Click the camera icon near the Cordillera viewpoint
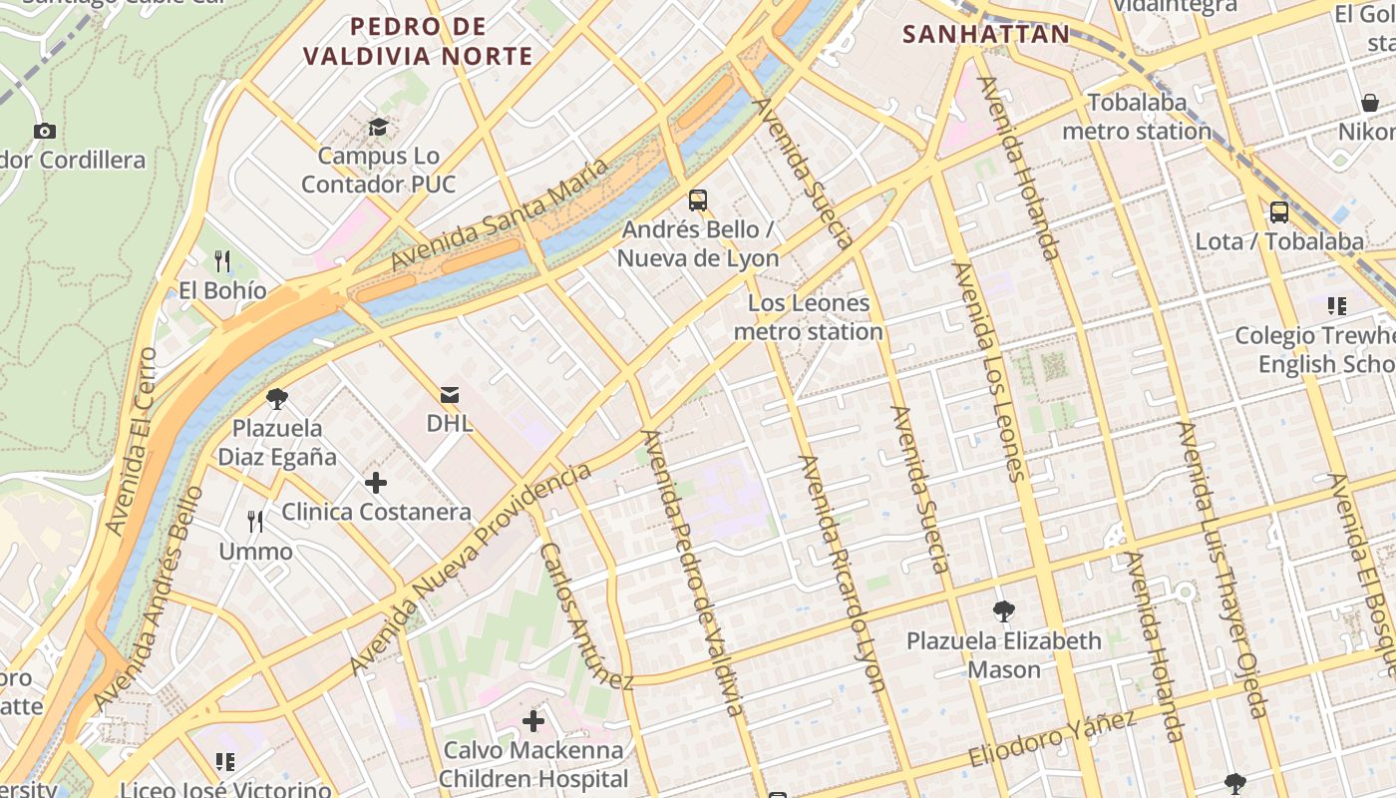tap(44, 131)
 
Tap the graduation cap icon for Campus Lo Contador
tap(378, 127)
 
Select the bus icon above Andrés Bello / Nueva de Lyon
tap(698, 200)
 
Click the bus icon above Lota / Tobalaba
tap(1279, 212)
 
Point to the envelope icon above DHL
tap(450, 395)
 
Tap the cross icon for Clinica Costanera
tap(376, 484)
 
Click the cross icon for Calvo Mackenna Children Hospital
tap(533, 720)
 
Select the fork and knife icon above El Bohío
tap(222, 261)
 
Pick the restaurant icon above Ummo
tap(255, 522)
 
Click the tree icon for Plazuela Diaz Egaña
tap(277, 400)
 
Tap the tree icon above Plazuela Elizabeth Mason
tap(1004, 611)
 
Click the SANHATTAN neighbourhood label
tap(985, 35)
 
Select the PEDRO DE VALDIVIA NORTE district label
tap(419, 42)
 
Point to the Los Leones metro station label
tap(809, 317)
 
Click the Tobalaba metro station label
tap(1137, 117)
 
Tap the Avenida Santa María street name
tap(499, 215)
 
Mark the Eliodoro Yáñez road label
tap(1053, 740)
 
